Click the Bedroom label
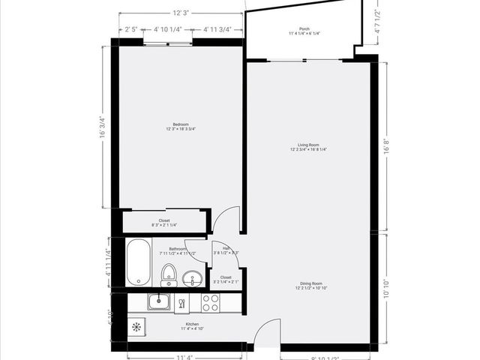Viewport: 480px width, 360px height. click(x=180, y=127)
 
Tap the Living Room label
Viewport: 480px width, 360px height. click(x=308, y=147)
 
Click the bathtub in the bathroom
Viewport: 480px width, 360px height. click(x=139, y=262)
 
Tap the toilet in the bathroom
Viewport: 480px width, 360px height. click(x=169, y=274)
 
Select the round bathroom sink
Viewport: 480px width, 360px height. click(x=193, y=279)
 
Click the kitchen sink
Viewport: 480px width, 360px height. click(x=158, y=302)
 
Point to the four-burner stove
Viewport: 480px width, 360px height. click(x=211, y=303)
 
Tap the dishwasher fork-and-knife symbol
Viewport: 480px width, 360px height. click(x=181, y=303)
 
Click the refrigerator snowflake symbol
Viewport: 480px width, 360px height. click(x=136, y=327)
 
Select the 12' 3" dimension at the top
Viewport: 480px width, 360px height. click(x=180, y=13)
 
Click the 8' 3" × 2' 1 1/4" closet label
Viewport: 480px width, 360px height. click(x=164, y=223)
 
